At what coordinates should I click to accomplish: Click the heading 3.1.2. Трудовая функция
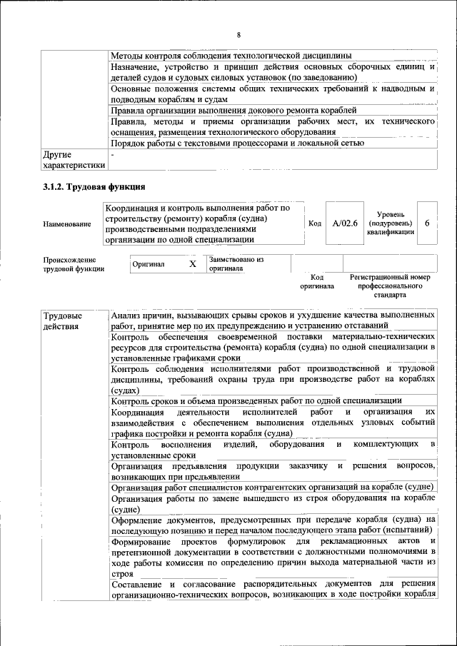click(94, 186)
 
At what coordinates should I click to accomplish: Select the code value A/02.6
click(345, 223)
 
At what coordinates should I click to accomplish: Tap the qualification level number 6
click(426, 223)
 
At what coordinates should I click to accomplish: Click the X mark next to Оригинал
click(192, 264)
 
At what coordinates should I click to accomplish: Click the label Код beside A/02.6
click(314, 223)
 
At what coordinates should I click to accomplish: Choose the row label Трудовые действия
click(63, 321)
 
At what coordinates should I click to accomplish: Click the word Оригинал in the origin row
click(149, 264)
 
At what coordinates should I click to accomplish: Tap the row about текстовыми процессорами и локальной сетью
click(238, 143)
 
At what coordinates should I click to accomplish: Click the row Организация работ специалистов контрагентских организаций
click(272, 487)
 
